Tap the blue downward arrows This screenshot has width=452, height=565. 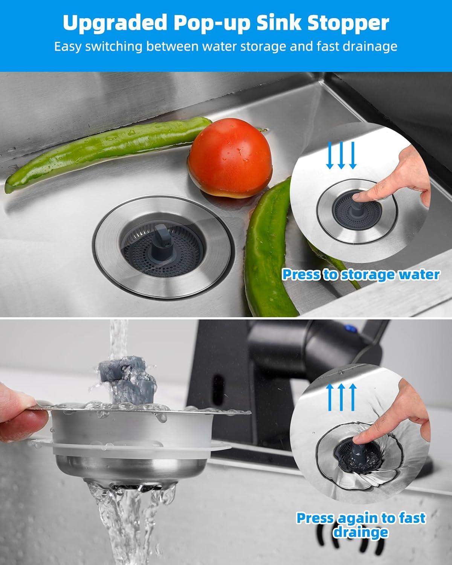pos(341,155)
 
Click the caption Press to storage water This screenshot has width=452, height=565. pos(360,274)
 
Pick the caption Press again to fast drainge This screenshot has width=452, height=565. pos(360,525)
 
